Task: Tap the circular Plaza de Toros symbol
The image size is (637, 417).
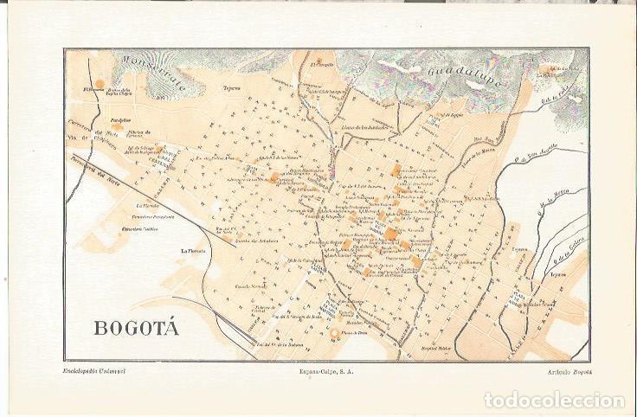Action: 334,334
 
